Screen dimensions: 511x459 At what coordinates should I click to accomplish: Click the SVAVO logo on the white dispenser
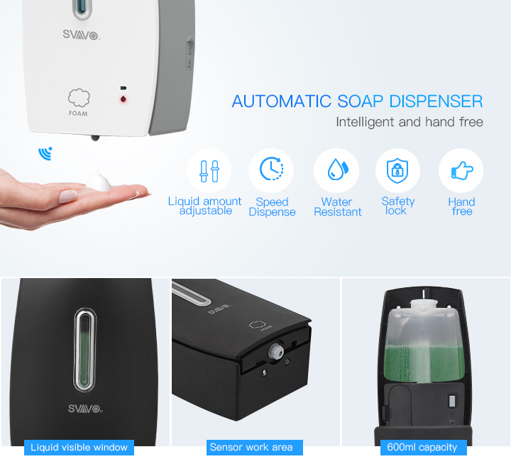click(x=81, y=35)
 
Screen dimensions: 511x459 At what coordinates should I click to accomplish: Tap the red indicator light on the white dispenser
click(x=123, y=99)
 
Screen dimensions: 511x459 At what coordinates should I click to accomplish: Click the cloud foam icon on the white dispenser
click(x=79, y=97)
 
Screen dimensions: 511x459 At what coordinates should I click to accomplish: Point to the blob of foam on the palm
click(x=99, y=181)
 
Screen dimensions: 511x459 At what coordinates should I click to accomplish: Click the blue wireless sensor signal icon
click(x=45, y=153)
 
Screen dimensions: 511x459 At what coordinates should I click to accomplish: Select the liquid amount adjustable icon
click(x=209, y=171)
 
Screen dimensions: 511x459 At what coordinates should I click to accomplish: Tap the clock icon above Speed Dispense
click(x=271, y=169)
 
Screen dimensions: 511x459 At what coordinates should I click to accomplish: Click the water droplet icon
click(x=338, y=169)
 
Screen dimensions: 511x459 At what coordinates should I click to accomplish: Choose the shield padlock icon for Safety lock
click(x=397, y=170)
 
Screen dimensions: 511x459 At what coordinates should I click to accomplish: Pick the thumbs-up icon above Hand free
click(x=462, y=170)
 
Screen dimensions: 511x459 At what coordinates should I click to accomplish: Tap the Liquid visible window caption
click(x=79, y=447)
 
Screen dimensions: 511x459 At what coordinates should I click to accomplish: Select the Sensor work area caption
click(x=251, y=447)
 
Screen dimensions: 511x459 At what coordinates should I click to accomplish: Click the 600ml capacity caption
click(x=422, y=447)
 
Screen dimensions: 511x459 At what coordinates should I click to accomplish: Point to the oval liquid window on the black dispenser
click(x=85, y=350)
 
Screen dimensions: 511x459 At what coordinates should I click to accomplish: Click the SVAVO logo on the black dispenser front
click(x=85, y=409)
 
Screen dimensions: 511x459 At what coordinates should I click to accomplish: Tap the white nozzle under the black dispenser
click(x=275, y=351)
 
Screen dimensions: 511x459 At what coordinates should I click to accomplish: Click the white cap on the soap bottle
click(x=423, y=304)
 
